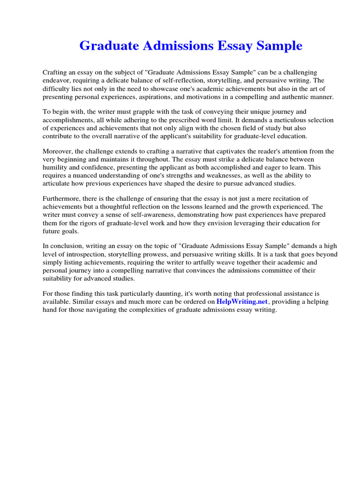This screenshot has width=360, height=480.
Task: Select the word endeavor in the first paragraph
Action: pyautogui.click(x=57, y=81)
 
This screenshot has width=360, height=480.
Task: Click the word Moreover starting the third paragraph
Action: pyautogui.click(x=58, y=151)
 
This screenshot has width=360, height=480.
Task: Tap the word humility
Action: pyautogui.click(x=55, y=167)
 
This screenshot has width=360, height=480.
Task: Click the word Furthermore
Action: pyautogui.click(x=61, y=199)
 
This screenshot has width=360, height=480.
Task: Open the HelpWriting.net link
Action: pyautogui.click(x=241, y=302)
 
